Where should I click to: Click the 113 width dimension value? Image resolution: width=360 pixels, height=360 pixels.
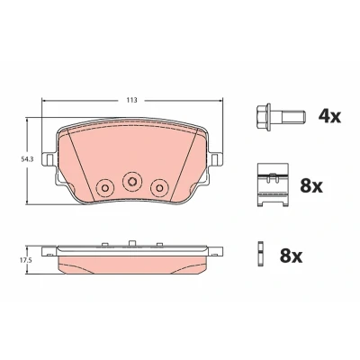[131, 100]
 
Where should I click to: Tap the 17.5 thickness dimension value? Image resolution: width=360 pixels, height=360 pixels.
[26, 260]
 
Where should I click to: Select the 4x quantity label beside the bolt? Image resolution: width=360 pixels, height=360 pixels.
[329, 116]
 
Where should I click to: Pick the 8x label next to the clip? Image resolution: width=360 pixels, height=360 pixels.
[311, 186]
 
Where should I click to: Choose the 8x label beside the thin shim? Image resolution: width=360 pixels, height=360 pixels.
[291, 256]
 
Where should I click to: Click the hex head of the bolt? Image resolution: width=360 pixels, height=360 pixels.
[264, 117]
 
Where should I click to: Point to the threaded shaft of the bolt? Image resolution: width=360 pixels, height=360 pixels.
[293, 117]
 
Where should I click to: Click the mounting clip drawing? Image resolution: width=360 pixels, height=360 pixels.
[273, 184]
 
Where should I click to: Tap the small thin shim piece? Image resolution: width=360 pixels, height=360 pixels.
[260, 255]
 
